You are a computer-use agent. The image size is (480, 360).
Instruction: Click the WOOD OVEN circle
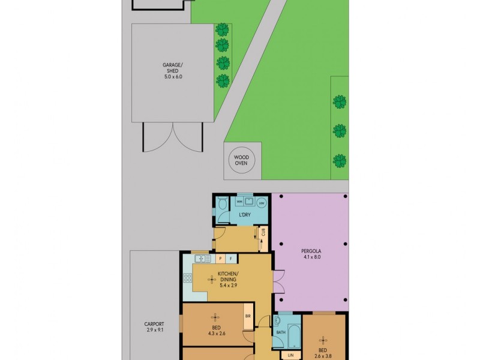pos(243,161)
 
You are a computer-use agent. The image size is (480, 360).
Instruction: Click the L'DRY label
pos(245,215)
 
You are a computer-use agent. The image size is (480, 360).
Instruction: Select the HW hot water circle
pos(261,203)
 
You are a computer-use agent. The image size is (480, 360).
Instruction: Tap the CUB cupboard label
pos(263,233)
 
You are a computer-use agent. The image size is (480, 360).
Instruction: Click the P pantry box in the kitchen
pos(220,259)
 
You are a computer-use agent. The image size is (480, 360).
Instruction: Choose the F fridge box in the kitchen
pos(231,259)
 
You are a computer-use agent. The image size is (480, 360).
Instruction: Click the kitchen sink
pos(202,259)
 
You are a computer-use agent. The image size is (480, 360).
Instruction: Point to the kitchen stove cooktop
pos(188,278)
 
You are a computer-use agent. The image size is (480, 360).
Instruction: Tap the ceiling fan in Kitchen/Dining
pos(212,279)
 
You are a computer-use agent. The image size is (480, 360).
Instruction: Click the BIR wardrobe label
pos(247,316)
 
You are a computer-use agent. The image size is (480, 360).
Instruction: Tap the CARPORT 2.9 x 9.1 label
pos(155,327)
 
